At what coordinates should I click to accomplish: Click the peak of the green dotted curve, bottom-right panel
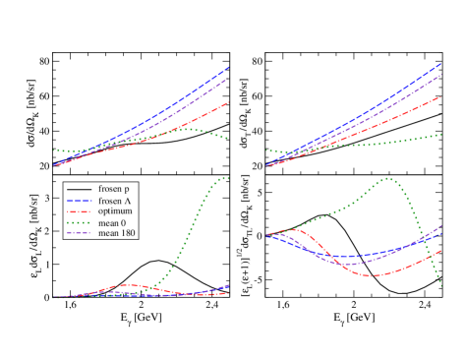[389, 179]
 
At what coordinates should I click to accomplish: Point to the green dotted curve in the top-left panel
[187, 129]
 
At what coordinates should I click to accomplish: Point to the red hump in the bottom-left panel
[128, 285]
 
